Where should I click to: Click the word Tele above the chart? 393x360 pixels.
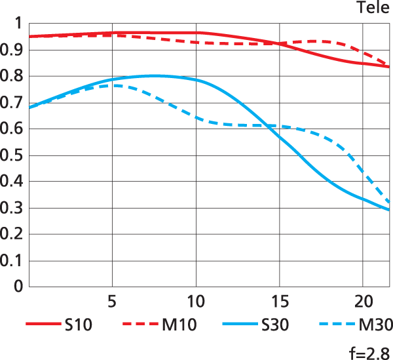coord(373,8)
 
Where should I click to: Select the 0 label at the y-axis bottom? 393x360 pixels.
coord(18,287)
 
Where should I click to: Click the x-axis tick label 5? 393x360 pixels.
coord(113,304)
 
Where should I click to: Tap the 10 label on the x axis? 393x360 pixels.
coord(196,304)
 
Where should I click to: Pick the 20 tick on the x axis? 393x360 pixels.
coord(363,304)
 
